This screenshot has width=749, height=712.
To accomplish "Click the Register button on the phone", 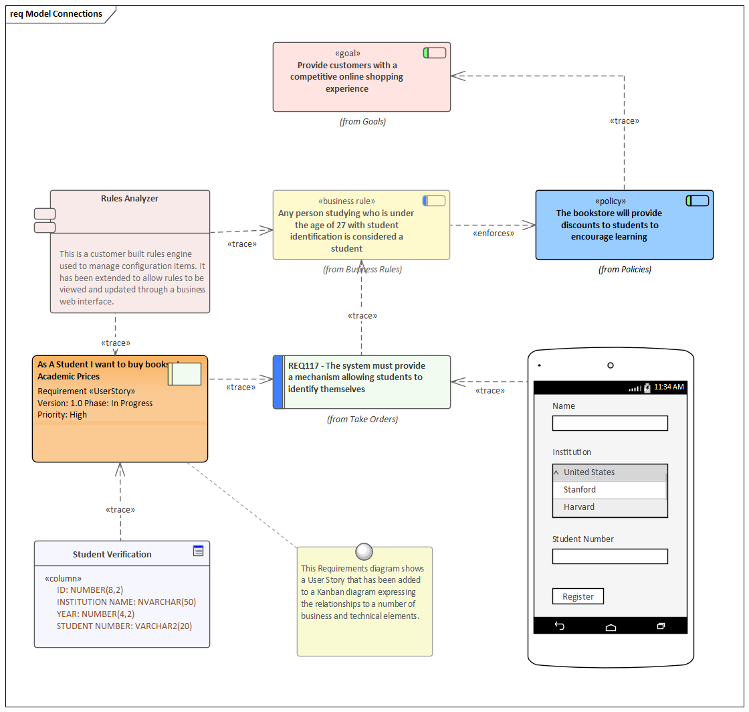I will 578,596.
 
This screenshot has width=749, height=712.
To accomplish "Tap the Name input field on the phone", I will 610,423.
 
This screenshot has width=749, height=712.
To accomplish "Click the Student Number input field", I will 610,556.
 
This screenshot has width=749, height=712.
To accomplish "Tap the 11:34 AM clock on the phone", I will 668,387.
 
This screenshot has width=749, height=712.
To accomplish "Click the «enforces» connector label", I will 494,234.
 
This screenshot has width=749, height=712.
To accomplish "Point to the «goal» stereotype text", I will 347,53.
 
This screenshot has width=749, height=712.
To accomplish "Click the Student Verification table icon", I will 198,551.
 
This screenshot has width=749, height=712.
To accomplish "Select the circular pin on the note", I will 364,551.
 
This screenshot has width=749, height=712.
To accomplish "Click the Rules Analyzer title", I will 130,199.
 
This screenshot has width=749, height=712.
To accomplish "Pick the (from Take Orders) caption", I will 362,420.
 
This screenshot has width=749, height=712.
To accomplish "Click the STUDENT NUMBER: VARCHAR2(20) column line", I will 124,626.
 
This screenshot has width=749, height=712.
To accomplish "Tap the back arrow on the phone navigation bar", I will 560,626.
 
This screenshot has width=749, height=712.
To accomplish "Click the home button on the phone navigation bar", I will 611,627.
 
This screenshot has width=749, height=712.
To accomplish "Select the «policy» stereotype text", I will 610,201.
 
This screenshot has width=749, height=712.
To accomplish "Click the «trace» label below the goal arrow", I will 624,121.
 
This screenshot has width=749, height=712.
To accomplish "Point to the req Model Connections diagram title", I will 56,14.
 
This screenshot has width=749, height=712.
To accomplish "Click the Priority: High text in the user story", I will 62,415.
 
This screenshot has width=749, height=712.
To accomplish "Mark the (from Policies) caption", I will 625,270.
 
